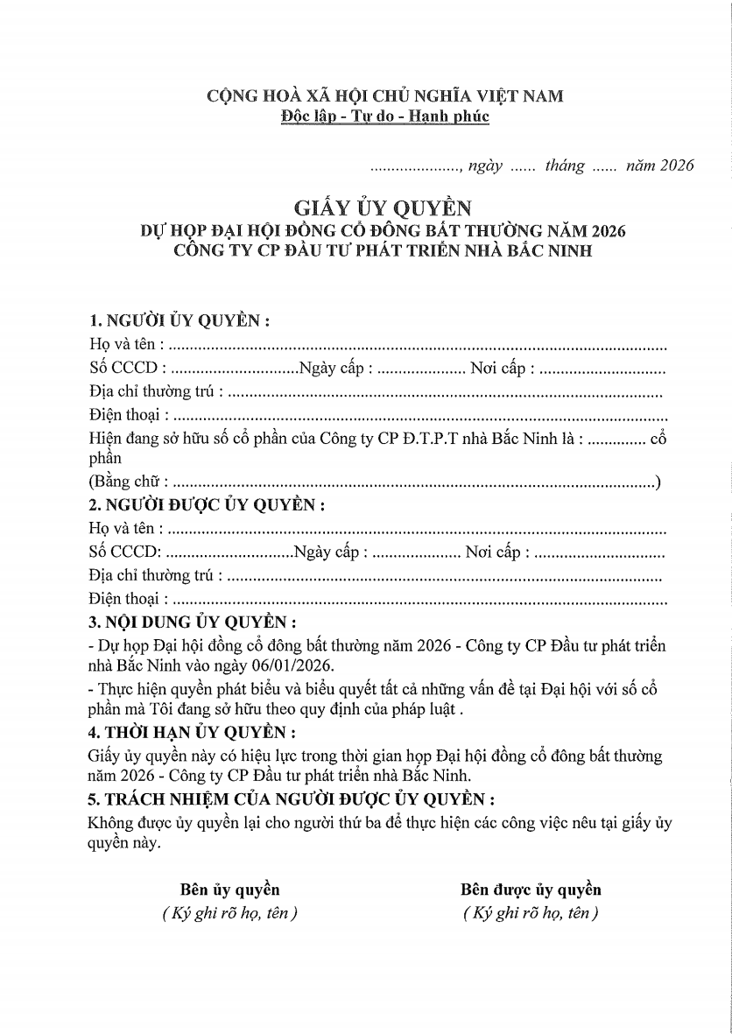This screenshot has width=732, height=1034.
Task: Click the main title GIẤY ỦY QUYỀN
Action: [x=384, y=208]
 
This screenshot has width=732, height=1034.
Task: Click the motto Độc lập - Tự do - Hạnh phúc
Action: [x=384, y=116]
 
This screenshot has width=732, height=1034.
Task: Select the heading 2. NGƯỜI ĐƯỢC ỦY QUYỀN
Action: [x=208, y=505]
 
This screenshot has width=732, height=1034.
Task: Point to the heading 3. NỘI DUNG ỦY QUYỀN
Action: [x=193, y=623]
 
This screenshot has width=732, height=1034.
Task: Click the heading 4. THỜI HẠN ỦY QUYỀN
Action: [x=192, y=731]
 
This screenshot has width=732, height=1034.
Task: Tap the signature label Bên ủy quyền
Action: [x=230, y=890]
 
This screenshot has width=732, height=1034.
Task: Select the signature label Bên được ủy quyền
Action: [x=531, y=890]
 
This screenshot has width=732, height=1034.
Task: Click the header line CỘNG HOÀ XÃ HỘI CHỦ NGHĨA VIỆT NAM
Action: [x=384, y=96]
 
